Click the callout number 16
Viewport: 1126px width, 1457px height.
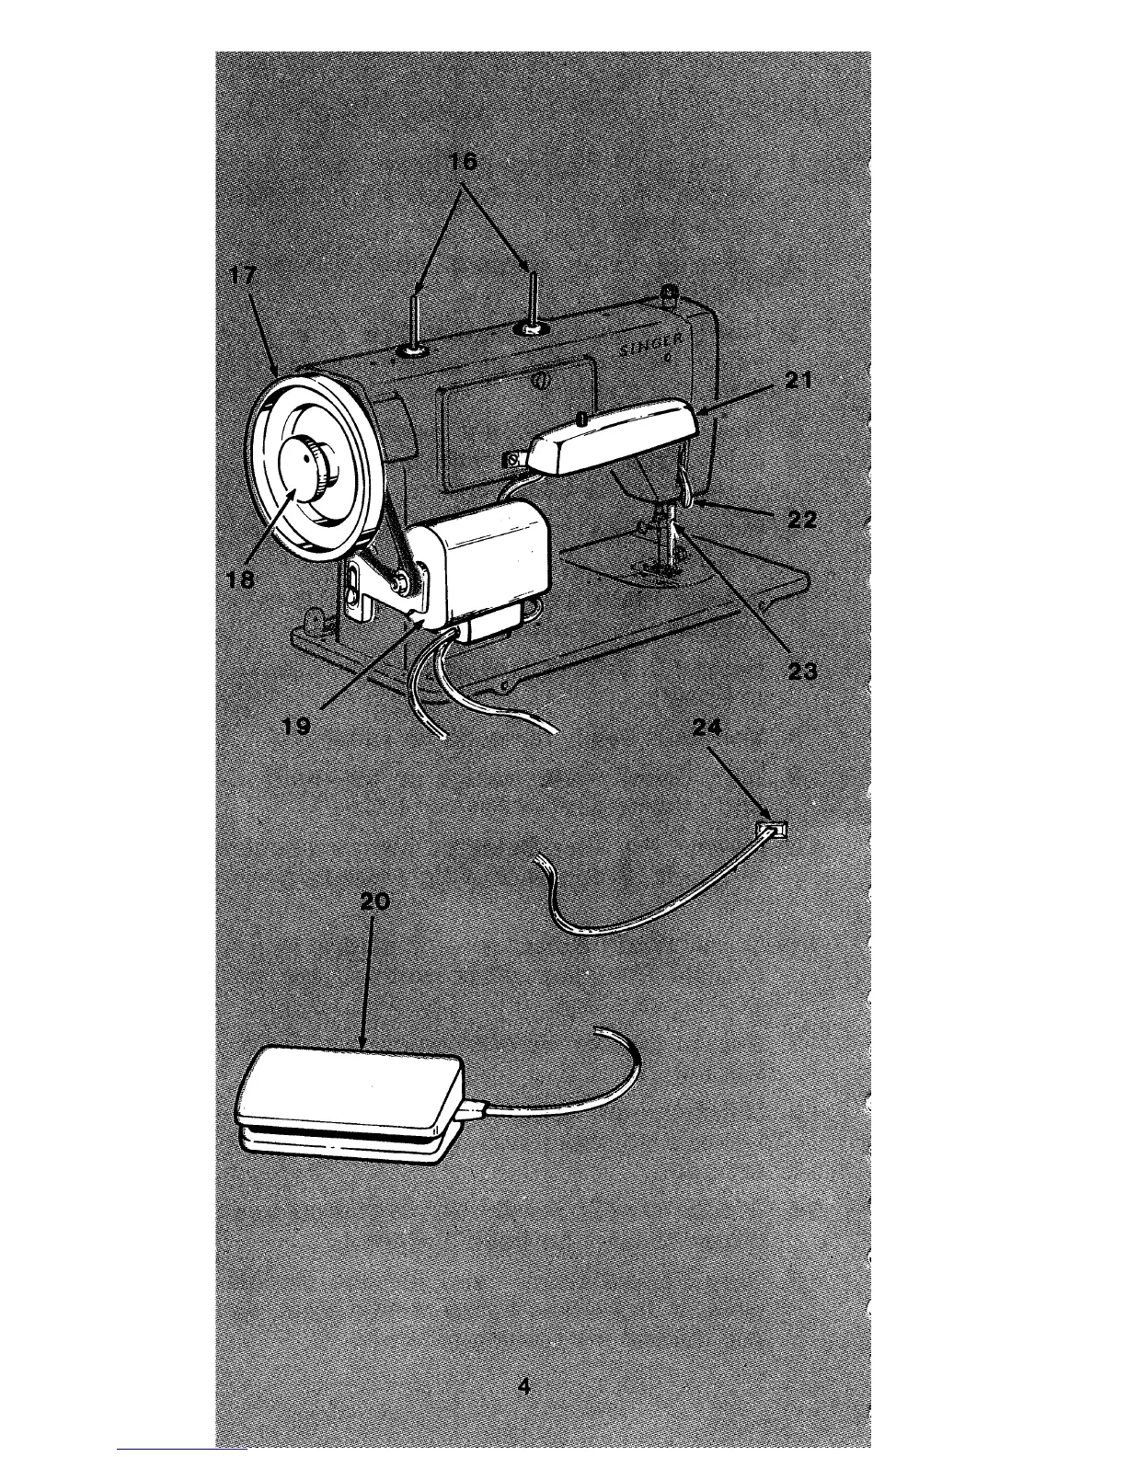[463, 162]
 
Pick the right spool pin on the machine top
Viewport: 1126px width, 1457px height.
[533, 295]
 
